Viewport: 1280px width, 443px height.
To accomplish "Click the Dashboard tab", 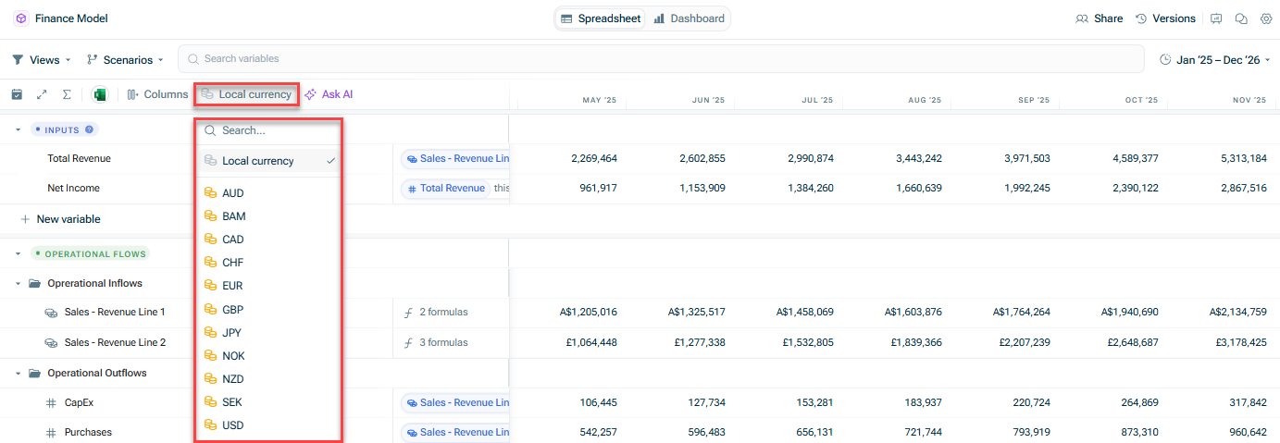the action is tap(690, 18).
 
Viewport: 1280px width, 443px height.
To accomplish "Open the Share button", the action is tap(1099, 18).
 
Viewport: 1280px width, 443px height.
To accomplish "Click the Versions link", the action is tap(1165, 18).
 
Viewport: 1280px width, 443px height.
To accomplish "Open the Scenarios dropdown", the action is tap(125, 59).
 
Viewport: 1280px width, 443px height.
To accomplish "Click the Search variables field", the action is tap(661, 59).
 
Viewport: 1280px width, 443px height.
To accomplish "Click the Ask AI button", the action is tap(329, 94).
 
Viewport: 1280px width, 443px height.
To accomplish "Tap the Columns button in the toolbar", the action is tap(157, 94).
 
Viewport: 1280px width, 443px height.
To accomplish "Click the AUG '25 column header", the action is tap(924, 100).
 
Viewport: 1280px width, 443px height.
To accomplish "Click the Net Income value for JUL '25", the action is tap(810, 188).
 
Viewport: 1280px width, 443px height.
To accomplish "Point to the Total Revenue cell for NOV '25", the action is tap(1243, 158).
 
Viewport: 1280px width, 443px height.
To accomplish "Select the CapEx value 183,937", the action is tap(923, 402).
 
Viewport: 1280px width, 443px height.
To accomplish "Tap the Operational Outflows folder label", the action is tap(96, 373).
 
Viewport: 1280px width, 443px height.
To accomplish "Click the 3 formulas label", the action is tap(443, 342).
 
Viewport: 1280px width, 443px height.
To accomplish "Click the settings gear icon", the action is tap(1266, 18).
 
